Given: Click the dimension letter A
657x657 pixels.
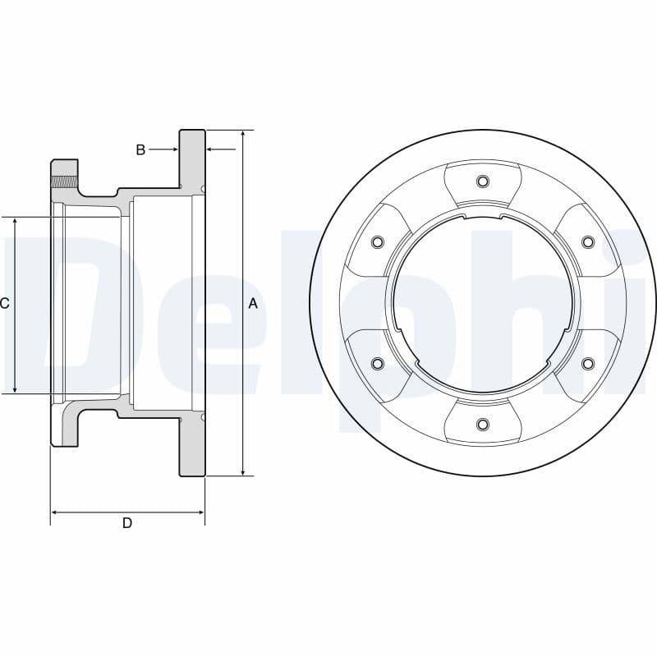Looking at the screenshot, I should [253, 304].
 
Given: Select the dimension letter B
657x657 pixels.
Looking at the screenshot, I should [140, 149].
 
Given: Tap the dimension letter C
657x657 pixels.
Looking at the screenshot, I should [5, 304].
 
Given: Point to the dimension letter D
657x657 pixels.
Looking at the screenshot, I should [127, 523].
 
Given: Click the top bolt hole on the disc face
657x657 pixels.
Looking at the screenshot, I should [483, 181].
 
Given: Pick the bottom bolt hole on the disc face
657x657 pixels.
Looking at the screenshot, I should [483, 424].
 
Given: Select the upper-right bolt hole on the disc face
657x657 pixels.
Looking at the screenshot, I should [587, 241].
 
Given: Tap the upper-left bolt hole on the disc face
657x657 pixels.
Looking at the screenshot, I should [378, 241].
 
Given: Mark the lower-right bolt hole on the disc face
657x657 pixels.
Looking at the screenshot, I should [587, 363].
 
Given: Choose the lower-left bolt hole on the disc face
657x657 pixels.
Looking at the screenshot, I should [378, 363].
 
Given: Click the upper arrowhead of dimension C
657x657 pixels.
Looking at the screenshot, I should [15, 223].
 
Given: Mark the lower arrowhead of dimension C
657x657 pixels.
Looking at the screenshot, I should [15, 388].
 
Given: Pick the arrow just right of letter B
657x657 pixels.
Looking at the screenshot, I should [173, 149].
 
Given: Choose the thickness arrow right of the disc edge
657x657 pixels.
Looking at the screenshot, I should [211, 149].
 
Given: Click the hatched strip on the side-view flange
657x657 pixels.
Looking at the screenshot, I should [64, 182].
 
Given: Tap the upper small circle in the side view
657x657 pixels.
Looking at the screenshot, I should [202, 189].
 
